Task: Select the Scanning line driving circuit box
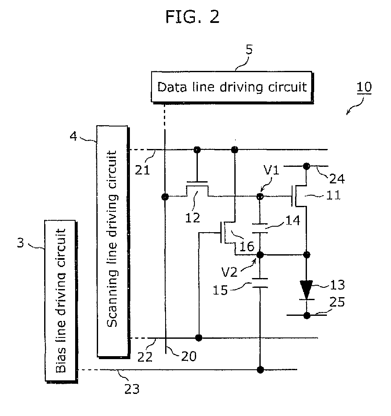(113, 242)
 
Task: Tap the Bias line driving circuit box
(61, 301)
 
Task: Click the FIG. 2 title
(193, 17)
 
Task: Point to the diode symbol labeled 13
(307, 290)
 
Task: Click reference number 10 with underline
(364, 87)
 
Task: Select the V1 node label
(271, 170)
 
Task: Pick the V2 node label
(229, 272)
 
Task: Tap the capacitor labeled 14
(260, 228)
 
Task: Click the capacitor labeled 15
(260, 283)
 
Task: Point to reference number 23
(132, 389)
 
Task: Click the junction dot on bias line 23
(260, 370)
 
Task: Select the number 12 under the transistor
(193, 218)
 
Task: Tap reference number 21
(143, 170)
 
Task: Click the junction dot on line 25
(307, 315)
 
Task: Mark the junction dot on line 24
(307, 166)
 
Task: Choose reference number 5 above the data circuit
(249, 50)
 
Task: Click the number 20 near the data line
(189, 356)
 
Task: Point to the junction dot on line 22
(198, 338)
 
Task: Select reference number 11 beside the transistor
(333, 196)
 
